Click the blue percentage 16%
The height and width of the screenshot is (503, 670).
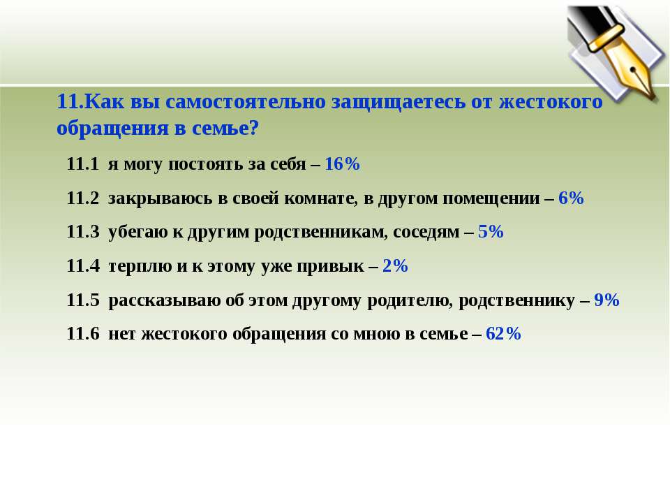tap(342, 163)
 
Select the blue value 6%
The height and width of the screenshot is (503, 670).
tap(571, 198)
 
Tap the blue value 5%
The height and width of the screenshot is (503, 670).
tap(491, 231)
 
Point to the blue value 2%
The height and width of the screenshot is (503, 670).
tap(395, 265)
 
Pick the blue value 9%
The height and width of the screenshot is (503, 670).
tap(606, 300)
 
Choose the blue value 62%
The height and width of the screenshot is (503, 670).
tap(503, 333)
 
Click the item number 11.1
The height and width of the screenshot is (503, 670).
tap(82, 163)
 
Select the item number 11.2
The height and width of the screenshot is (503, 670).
tap(82, 198)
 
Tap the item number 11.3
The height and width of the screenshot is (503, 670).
tap(82, 231)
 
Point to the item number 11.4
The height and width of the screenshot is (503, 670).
tap(82, 265)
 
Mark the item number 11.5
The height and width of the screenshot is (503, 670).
tap(82, 300)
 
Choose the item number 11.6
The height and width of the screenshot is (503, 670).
tap(82, 333)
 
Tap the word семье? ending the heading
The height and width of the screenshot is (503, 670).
tap(225, 128)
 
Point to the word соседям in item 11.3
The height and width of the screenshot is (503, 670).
tap(426, 232)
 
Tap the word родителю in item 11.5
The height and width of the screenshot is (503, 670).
tap(410, 300)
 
